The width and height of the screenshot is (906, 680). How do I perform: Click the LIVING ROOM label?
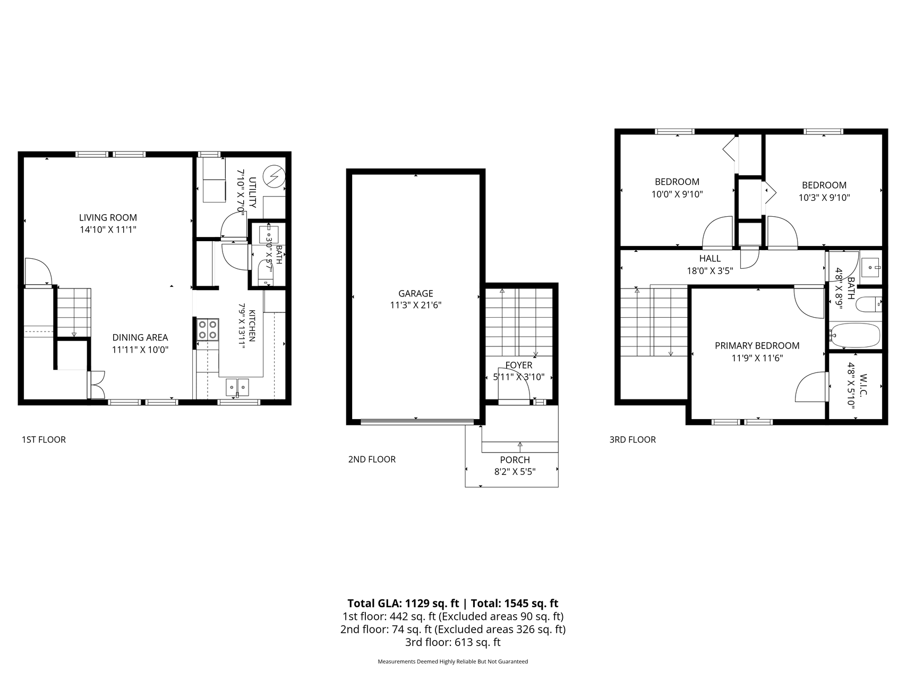click(x=108, y=217)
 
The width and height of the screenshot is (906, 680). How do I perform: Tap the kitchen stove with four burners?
click(x=208, y=329)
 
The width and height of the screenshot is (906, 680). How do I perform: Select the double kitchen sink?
click(x=237, y=387)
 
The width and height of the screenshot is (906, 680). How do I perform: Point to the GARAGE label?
click(x=416, y=293)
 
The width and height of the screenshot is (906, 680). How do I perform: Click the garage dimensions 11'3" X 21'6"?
click(x=416, y=305)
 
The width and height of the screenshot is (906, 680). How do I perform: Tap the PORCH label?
click(x=515, y=460)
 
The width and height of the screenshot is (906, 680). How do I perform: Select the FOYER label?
click(x=519, y=365)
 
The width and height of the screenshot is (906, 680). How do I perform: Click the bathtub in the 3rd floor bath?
click(x=855, y=336)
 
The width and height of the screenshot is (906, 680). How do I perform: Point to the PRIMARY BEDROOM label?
click(x=757, y=346)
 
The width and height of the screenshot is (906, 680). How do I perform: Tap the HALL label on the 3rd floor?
click(x=710, y=259)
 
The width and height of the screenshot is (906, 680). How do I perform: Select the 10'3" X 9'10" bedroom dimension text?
click(x=824, y=198)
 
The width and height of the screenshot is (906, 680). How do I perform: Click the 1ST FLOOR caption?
click(x=44, y=440)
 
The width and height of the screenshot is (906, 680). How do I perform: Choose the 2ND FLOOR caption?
click(x=372, y=460)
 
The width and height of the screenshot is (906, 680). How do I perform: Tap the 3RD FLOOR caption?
click(x=633, y=440)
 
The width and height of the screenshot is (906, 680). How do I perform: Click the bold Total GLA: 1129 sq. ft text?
click(x=403, y=603)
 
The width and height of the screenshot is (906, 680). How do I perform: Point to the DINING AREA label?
click(x=140, y=337)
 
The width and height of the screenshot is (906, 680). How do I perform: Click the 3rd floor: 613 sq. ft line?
click(x=453, y=642)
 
